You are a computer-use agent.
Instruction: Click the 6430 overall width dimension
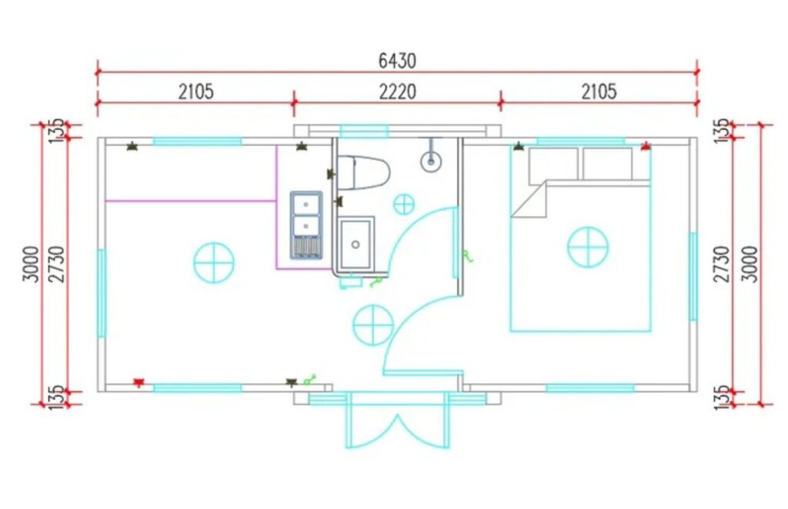(x=397, y=61)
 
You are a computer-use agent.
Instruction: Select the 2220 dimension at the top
(x=397, y=91)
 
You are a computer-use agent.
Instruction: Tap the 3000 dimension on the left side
(x=31, y=264)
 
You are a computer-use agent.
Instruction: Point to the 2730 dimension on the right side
(x=722, y=264)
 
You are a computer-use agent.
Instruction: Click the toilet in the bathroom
(x=363, y=173)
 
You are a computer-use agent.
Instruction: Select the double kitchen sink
(x=306, y=225)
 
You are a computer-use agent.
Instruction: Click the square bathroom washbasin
(x=356, y=245)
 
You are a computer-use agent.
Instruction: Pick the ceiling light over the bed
(x=588, y=247)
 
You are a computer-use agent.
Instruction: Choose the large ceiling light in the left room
(x=214, y=262)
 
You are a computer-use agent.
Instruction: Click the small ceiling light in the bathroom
(x=403, y=205)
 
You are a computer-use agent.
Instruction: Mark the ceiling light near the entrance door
(x=373, y=325)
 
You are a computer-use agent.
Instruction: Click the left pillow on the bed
(x=553, y=164)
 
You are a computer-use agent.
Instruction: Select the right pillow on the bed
(x=607, y=164)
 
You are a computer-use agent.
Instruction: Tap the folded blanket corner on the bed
(x=529, y=199)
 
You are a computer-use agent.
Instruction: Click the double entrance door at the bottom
(x=397, y=421)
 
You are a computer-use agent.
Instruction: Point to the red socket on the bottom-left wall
(x=139, y=383)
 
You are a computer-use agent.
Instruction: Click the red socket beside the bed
(x=646, y=146)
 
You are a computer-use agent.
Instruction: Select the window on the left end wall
(x=102, y=294)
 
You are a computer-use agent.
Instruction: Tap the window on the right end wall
(x=693, y=275)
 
